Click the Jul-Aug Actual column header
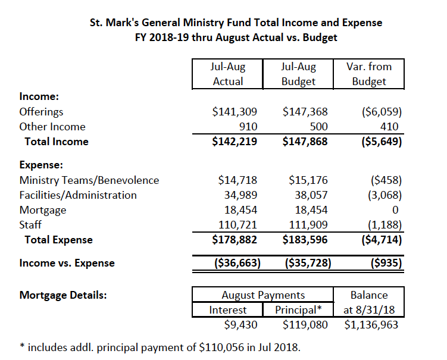(228, 74)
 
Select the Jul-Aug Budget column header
(298, 74)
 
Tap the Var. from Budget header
(368, 74)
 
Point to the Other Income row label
(52, 127)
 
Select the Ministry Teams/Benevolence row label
(89, 180)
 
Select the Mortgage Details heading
(63, 295)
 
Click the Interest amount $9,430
(244, 325)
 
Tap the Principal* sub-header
(298, 310)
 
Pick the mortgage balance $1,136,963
(371, 325)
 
